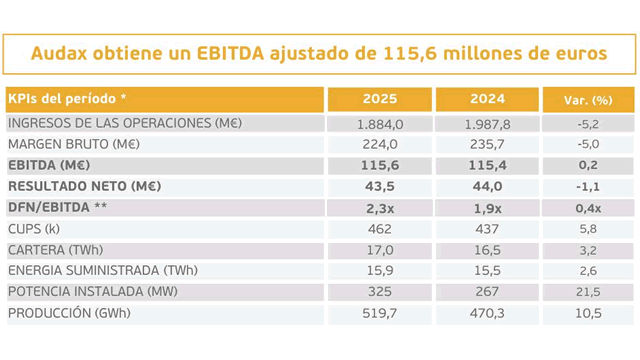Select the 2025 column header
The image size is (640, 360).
coord(379,100)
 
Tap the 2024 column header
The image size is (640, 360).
coord(486,100)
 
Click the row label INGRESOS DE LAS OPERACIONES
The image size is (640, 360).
coord(125,123)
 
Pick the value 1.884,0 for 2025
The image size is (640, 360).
coord(379,124)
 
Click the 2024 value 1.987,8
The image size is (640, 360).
coord(487,124)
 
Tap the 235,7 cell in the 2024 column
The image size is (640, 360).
coord(487,144)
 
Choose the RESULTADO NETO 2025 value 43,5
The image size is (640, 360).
coord(379,187)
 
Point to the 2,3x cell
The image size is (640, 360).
coord(379,208)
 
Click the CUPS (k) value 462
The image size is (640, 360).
coord(379,229)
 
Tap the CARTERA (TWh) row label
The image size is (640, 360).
coord(55,250)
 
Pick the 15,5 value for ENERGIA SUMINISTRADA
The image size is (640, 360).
coord(487,271)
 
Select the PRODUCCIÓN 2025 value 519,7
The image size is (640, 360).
coord(379,313)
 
